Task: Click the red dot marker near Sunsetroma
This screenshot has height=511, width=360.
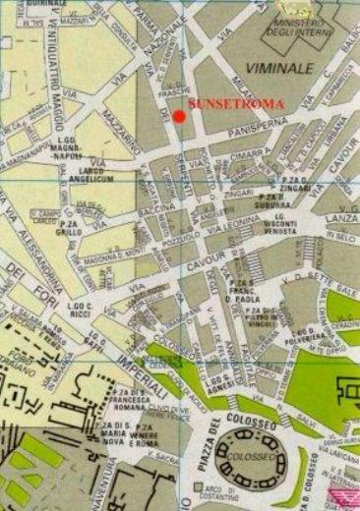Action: tap(179, 116)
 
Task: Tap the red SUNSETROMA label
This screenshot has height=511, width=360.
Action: tap(236, 103)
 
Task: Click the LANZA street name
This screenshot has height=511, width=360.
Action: tap(339, 217)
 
